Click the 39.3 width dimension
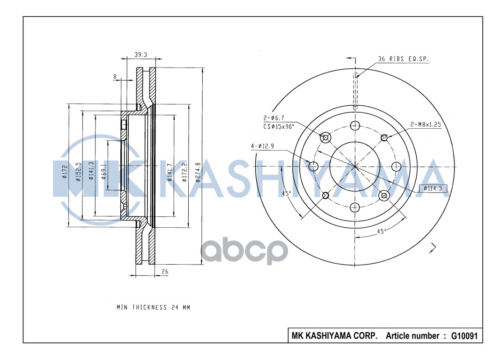pos(141,54)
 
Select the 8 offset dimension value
pos(115,77)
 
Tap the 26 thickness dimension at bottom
pos(165,271)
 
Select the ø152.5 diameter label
pos(78,172)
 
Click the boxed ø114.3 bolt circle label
pos(435,189)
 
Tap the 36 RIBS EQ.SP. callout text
pos(404,59)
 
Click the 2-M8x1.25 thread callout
pos(425,125)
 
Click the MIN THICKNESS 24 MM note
pos(154,308)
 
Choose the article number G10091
pos(463,336)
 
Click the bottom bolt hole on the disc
pos(355,207)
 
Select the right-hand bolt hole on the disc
pos(396,166)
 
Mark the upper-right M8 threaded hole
pos(384,137)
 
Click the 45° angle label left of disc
pos(286,194)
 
